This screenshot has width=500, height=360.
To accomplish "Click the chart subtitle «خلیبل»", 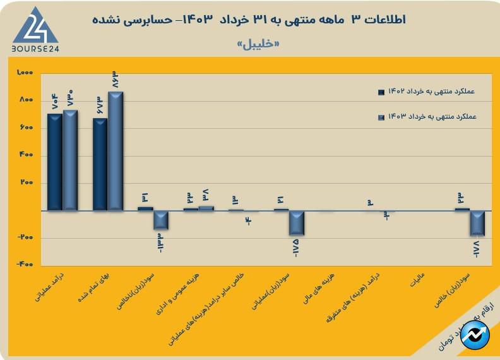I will [x=258, y=45].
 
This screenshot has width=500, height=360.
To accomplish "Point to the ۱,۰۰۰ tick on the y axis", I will [x=25, y=73].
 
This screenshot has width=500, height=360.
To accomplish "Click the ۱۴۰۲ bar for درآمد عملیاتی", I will [x=55, y=162].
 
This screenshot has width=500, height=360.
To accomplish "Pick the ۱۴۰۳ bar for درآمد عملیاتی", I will [x=70, y=160].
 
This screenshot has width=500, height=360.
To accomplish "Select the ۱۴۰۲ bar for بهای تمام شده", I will [x=100, y=164].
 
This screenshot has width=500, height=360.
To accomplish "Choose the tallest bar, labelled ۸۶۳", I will [x=116, y=151].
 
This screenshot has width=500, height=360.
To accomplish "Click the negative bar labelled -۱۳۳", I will [x=161, y=220].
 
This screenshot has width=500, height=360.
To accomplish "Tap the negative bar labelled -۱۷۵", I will [x=297, y=223].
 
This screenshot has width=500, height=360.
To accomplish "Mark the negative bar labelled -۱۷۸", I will [x=477, y=223].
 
